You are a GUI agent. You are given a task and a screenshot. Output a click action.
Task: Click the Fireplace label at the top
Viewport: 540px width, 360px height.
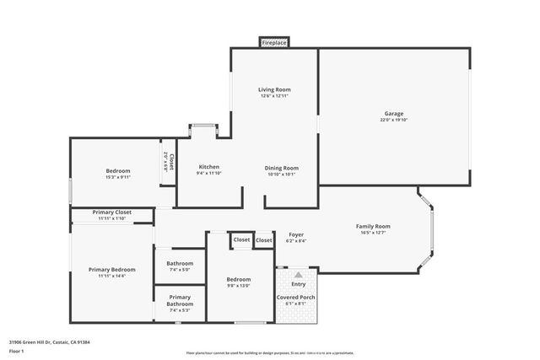coord(274,42)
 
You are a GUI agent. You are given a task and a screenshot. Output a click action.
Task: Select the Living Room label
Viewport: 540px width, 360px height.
coord(273,89)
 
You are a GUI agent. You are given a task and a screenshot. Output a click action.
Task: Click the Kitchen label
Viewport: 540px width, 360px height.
coord(208,166)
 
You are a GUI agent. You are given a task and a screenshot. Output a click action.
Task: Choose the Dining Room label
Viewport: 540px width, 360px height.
coord(282,167)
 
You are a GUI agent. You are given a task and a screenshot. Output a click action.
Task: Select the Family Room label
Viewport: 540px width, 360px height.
coord(373,226)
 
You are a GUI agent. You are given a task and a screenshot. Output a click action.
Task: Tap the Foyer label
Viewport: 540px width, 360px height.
coord(296,234)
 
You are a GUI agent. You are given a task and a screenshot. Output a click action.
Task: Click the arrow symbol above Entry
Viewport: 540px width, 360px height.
coord(297,275)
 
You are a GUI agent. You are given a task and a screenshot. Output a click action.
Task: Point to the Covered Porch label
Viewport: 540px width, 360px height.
coord(296,298)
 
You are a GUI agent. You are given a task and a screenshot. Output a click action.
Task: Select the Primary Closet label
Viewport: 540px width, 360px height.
coord(111,212)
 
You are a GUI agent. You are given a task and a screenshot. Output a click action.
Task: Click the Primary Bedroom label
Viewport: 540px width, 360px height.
coord(111,269)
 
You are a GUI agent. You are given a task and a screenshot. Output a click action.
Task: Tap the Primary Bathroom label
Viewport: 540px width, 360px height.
coord(180,300)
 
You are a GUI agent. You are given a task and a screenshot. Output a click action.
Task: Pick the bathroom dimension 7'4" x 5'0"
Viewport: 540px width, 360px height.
coord(180,270)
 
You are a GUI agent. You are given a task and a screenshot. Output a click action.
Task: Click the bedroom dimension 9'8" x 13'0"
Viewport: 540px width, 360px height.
coord(239,285)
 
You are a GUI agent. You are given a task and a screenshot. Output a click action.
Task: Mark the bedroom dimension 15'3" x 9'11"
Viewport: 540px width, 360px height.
coord(118,177)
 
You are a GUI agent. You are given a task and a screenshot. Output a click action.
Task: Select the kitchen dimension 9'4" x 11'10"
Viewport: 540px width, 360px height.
coord(208,173)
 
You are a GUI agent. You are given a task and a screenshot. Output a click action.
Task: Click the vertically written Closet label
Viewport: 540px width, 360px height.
coord(171,161)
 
